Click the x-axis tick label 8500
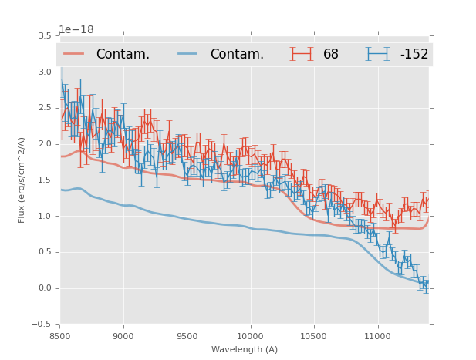pos(60,336)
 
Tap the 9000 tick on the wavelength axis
pos(123,336)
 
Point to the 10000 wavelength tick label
pos(250,336)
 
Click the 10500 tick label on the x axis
pos(314,336)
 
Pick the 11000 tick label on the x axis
pos(377,336)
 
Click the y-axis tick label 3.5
pos(44,35)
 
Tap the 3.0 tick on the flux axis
pos(44,72)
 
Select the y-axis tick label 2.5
pos(44,108)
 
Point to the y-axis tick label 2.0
pos(44,144)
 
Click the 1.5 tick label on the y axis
pos(44,180)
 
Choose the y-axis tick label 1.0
pos(44,216)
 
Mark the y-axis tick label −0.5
pos(42,325)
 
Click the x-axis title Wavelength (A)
pos(245,349)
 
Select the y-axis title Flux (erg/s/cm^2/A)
pos(22,180)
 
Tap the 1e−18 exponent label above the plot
pos(76,30)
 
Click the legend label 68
pos(330,54)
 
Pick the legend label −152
pos(414,54)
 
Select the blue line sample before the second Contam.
pos(187,54)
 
